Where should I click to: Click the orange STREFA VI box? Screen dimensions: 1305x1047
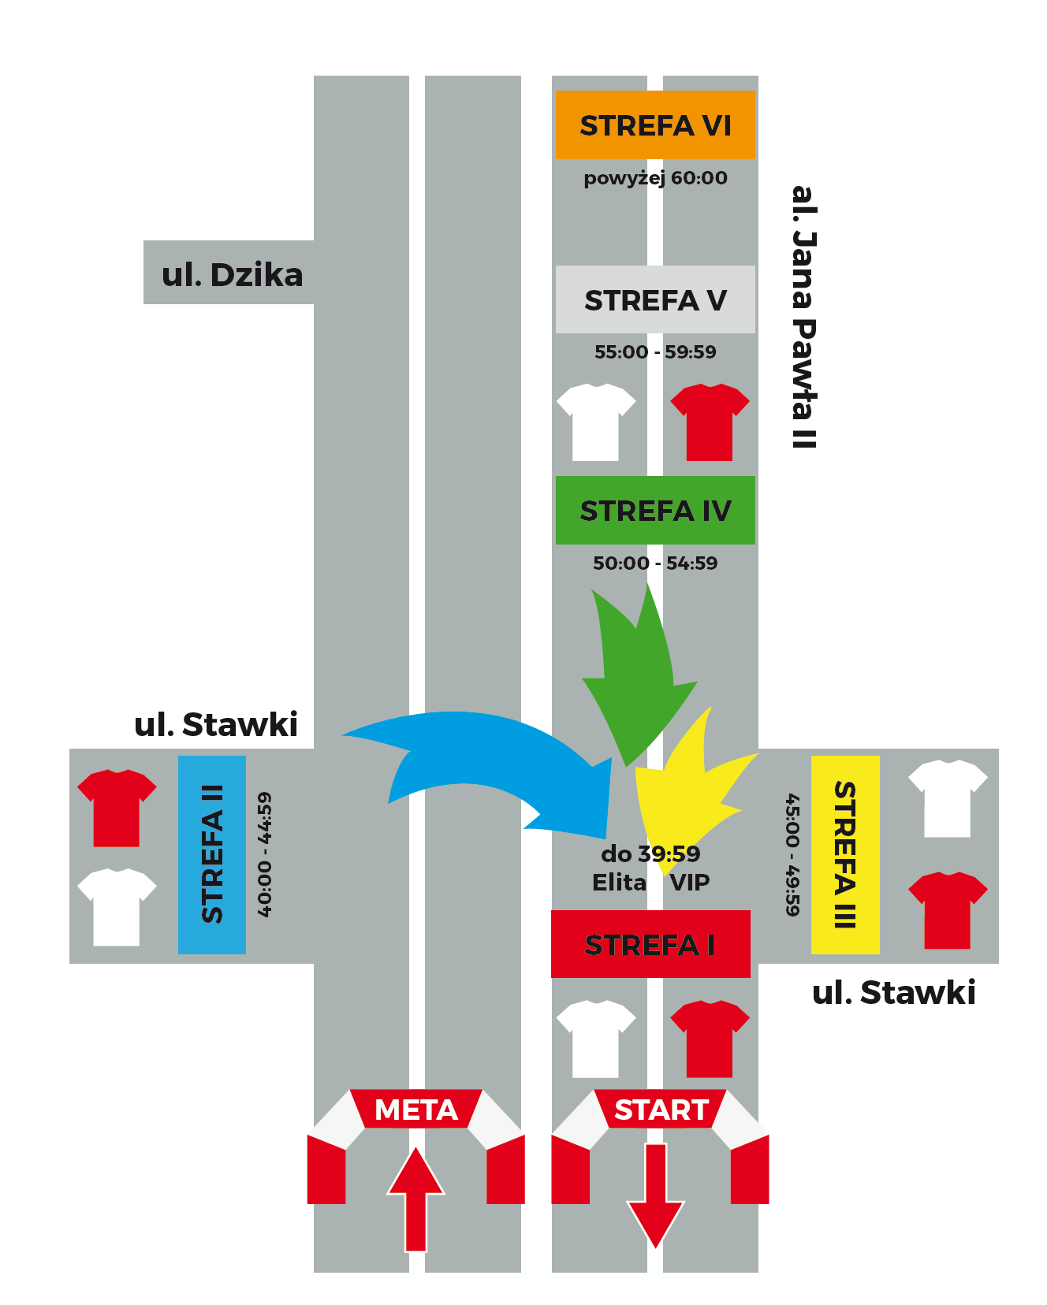655,125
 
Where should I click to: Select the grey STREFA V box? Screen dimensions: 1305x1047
655,299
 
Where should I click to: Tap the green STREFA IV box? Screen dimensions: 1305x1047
655,510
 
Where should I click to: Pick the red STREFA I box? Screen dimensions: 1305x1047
650,944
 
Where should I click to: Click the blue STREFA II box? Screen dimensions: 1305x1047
212,855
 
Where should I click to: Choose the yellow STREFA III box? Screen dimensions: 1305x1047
845,855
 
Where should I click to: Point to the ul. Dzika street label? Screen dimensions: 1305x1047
232,274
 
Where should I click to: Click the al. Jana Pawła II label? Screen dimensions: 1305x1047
803,317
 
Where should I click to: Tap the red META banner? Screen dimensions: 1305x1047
416,1110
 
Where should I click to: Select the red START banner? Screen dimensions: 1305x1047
661,1110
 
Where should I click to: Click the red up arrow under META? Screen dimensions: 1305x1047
415,1198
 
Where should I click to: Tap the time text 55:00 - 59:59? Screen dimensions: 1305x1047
655,351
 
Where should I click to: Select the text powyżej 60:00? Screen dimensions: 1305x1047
655,178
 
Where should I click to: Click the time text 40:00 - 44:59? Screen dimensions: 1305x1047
265,855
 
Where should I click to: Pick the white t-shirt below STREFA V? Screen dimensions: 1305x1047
596,422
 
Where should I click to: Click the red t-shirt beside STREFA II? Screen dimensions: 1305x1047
117,808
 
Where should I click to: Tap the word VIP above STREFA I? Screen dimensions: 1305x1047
690,883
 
